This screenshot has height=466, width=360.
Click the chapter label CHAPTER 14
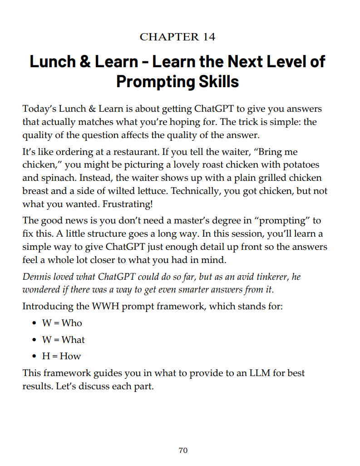click(178, 37)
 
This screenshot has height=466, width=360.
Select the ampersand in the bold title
click(85, 61)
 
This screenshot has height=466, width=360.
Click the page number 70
click(183, 451)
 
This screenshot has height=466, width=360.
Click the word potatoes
click(297, 165)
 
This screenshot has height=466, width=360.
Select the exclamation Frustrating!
click(128, 204)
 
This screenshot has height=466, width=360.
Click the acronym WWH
click(104, 306)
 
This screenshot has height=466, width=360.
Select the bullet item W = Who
click(62, 323)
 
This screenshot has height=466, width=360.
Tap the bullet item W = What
click(64, 340)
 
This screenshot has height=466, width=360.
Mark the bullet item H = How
click(61, 356)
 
